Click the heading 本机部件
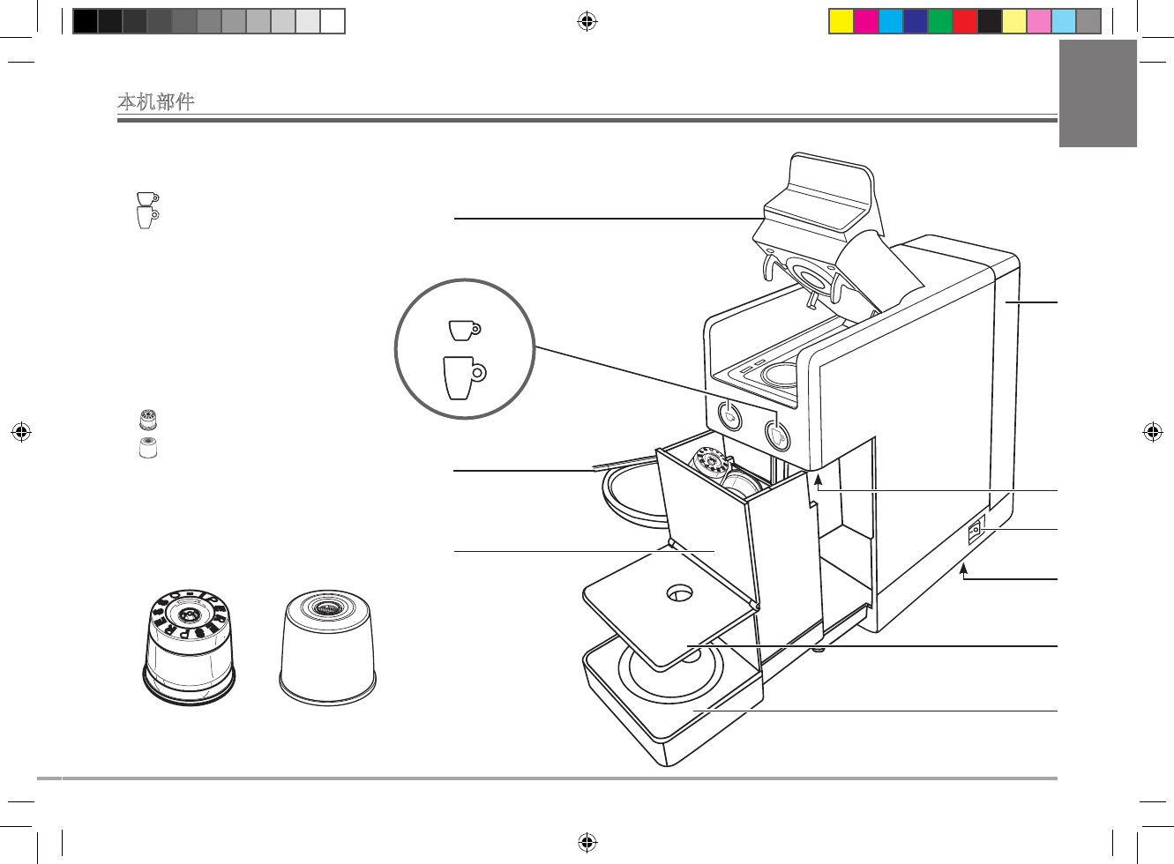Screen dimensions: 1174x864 156,101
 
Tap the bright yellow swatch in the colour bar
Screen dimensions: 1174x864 841,21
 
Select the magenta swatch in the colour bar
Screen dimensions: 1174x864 866,21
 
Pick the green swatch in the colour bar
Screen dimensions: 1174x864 940,21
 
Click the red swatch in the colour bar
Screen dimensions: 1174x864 965,21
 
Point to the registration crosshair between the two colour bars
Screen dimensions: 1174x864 587,21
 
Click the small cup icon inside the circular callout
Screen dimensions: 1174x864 464,330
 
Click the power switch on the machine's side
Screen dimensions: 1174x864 975,532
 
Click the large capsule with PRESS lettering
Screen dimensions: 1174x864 190,648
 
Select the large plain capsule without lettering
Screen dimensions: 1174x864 327,648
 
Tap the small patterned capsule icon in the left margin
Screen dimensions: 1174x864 148,420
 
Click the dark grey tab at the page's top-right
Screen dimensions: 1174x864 1097,93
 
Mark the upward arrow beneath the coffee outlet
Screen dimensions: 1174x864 818,479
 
